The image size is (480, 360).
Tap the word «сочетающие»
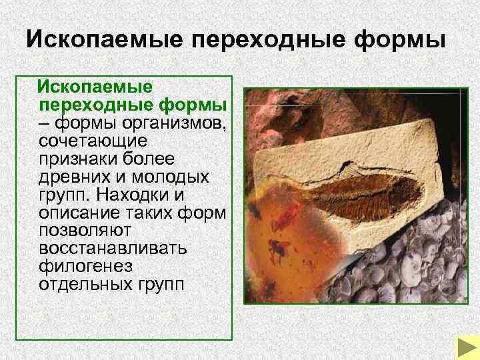tap(93, 142)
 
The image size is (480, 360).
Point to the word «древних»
tap(78, 178)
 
